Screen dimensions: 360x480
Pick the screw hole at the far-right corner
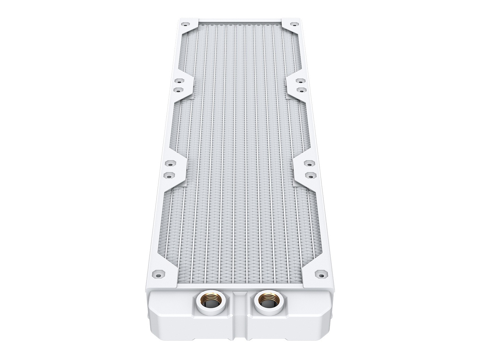coord(294,25)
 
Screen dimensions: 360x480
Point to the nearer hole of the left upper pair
coord(178,89)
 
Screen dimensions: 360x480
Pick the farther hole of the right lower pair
coord(307,163)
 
